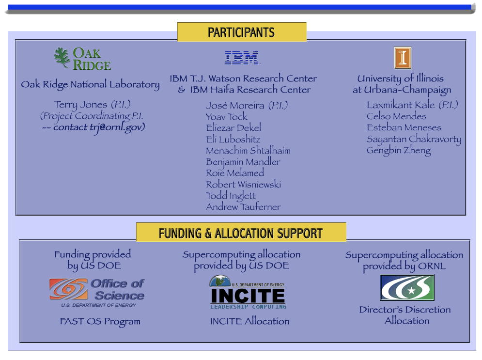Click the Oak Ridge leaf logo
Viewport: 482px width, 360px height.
coord(62,57)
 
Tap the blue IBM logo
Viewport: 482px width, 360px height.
coord(242,58)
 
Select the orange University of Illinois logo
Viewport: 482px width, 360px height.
coord(403,58)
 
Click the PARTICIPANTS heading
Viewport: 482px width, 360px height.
coord(241,32)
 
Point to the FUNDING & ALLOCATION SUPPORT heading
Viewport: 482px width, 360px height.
coord(240,233)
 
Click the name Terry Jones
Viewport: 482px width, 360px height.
coord(80,105)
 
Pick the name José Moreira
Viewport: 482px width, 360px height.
coord(235,106)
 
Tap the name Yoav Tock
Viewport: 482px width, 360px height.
coord(227,116)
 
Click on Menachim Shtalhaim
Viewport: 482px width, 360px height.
coord(248,150)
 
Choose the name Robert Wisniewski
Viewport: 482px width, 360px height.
coord(244,184)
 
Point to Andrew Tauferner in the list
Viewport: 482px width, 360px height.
coord(243,206)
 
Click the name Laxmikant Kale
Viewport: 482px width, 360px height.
coord(401,105)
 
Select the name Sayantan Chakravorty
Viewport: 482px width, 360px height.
coord(414,139)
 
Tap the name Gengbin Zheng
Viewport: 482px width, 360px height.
coord(399,150)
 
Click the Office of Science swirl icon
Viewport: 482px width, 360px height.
coord(69,289)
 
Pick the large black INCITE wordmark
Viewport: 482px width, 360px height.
coord(248,296)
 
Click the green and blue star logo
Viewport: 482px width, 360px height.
coord(407,288)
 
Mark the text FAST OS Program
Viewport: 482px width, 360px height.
coord(100,321)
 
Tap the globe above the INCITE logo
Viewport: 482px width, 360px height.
coord(220,281)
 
